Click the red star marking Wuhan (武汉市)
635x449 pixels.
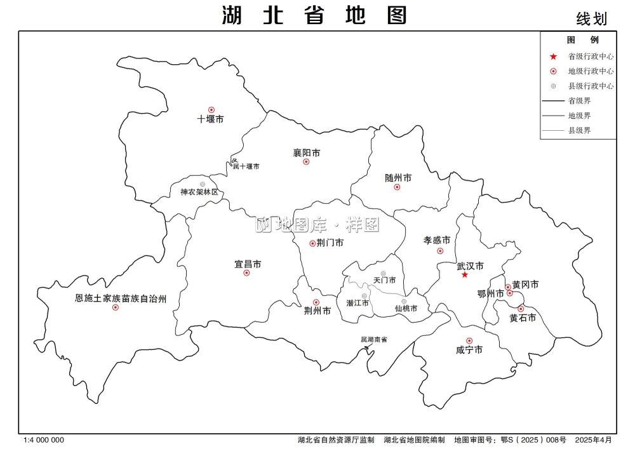pos(465,275)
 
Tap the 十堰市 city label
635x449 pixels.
pos(210,119)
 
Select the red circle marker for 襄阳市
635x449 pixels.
pos(306,162)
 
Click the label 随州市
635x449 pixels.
pos(398,178)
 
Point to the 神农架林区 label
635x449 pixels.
pos(199,192)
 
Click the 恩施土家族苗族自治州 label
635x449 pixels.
pos(121,298)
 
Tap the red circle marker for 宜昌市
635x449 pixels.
pos(246,273)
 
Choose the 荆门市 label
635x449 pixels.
pos(330,243)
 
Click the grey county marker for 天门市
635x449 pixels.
pos(383,273)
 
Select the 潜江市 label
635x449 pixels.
pos(358,304)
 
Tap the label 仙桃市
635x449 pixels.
pos(406,309)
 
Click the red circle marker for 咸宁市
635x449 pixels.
pos(469,340)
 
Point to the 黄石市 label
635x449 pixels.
pos(523,318)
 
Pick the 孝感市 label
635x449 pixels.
pos(437,240)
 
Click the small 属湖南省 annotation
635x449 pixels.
pos(373,339)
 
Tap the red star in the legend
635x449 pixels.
pos(553,57)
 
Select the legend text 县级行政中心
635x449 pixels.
pos(591,86)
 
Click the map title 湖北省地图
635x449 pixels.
pos(314,15)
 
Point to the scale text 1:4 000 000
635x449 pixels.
pos(43,439)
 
